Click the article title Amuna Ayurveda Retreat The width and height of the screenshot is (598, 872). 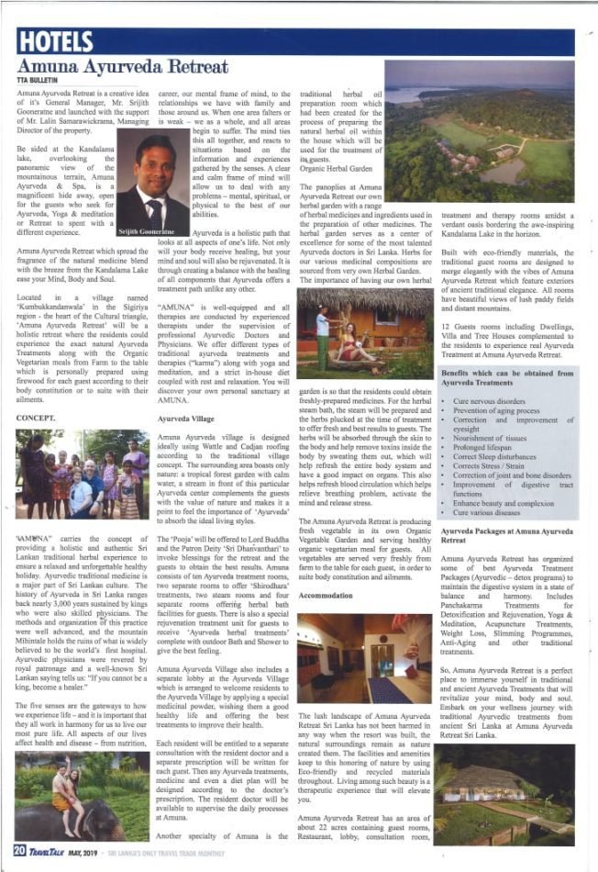tap(122, 67)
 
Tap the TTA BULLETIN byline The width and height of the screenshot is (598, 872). tap(40, 81)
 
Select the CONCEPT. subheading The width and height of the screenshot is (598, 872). tap(38, 417)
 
